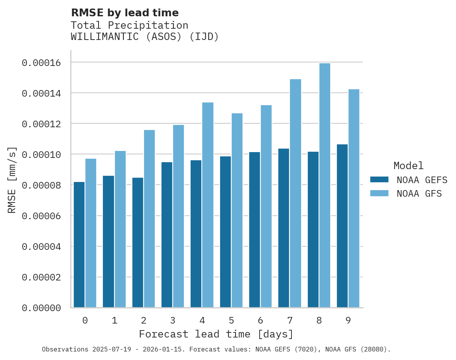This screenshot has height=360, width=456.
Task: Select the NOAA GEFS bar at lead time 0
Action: [x=79, y=244]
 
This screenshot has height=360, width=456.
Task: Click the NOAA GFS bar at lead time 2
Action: [x=149, y=219]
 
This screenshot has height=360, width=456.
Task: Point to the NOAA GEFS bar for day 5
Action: [x=225, y=232]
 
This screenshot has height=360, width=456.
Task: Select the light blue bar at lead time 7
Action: [x=295, y=193]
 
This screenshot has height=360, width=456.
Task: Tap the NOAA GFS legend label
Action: [x=419, y=194]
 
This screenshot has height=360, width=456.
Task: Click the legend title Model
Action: [x=408, y=166]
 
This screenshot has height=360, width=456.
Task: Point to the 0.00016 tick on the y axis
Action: [x=41, y=62]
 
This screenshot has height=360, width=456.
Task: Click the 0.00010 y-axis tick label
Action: [x=41, y=154]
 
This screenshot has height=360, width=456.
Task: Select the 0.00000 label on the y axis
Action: [x=41, y=308]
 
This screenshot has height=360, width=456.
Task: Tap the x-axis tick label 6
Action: [x=260, y=320]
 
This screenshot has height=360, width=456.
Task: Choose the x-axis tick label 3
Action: [x=173, y=320]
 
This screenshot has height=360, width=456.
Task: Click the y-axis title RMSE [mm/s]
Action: [x=12, y=180]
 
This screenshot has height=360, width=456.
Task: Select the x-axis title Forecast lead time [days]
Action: [x=216, y=334]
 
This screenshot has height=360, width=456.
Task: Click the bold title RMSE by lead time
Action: [x=125, y=13]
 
